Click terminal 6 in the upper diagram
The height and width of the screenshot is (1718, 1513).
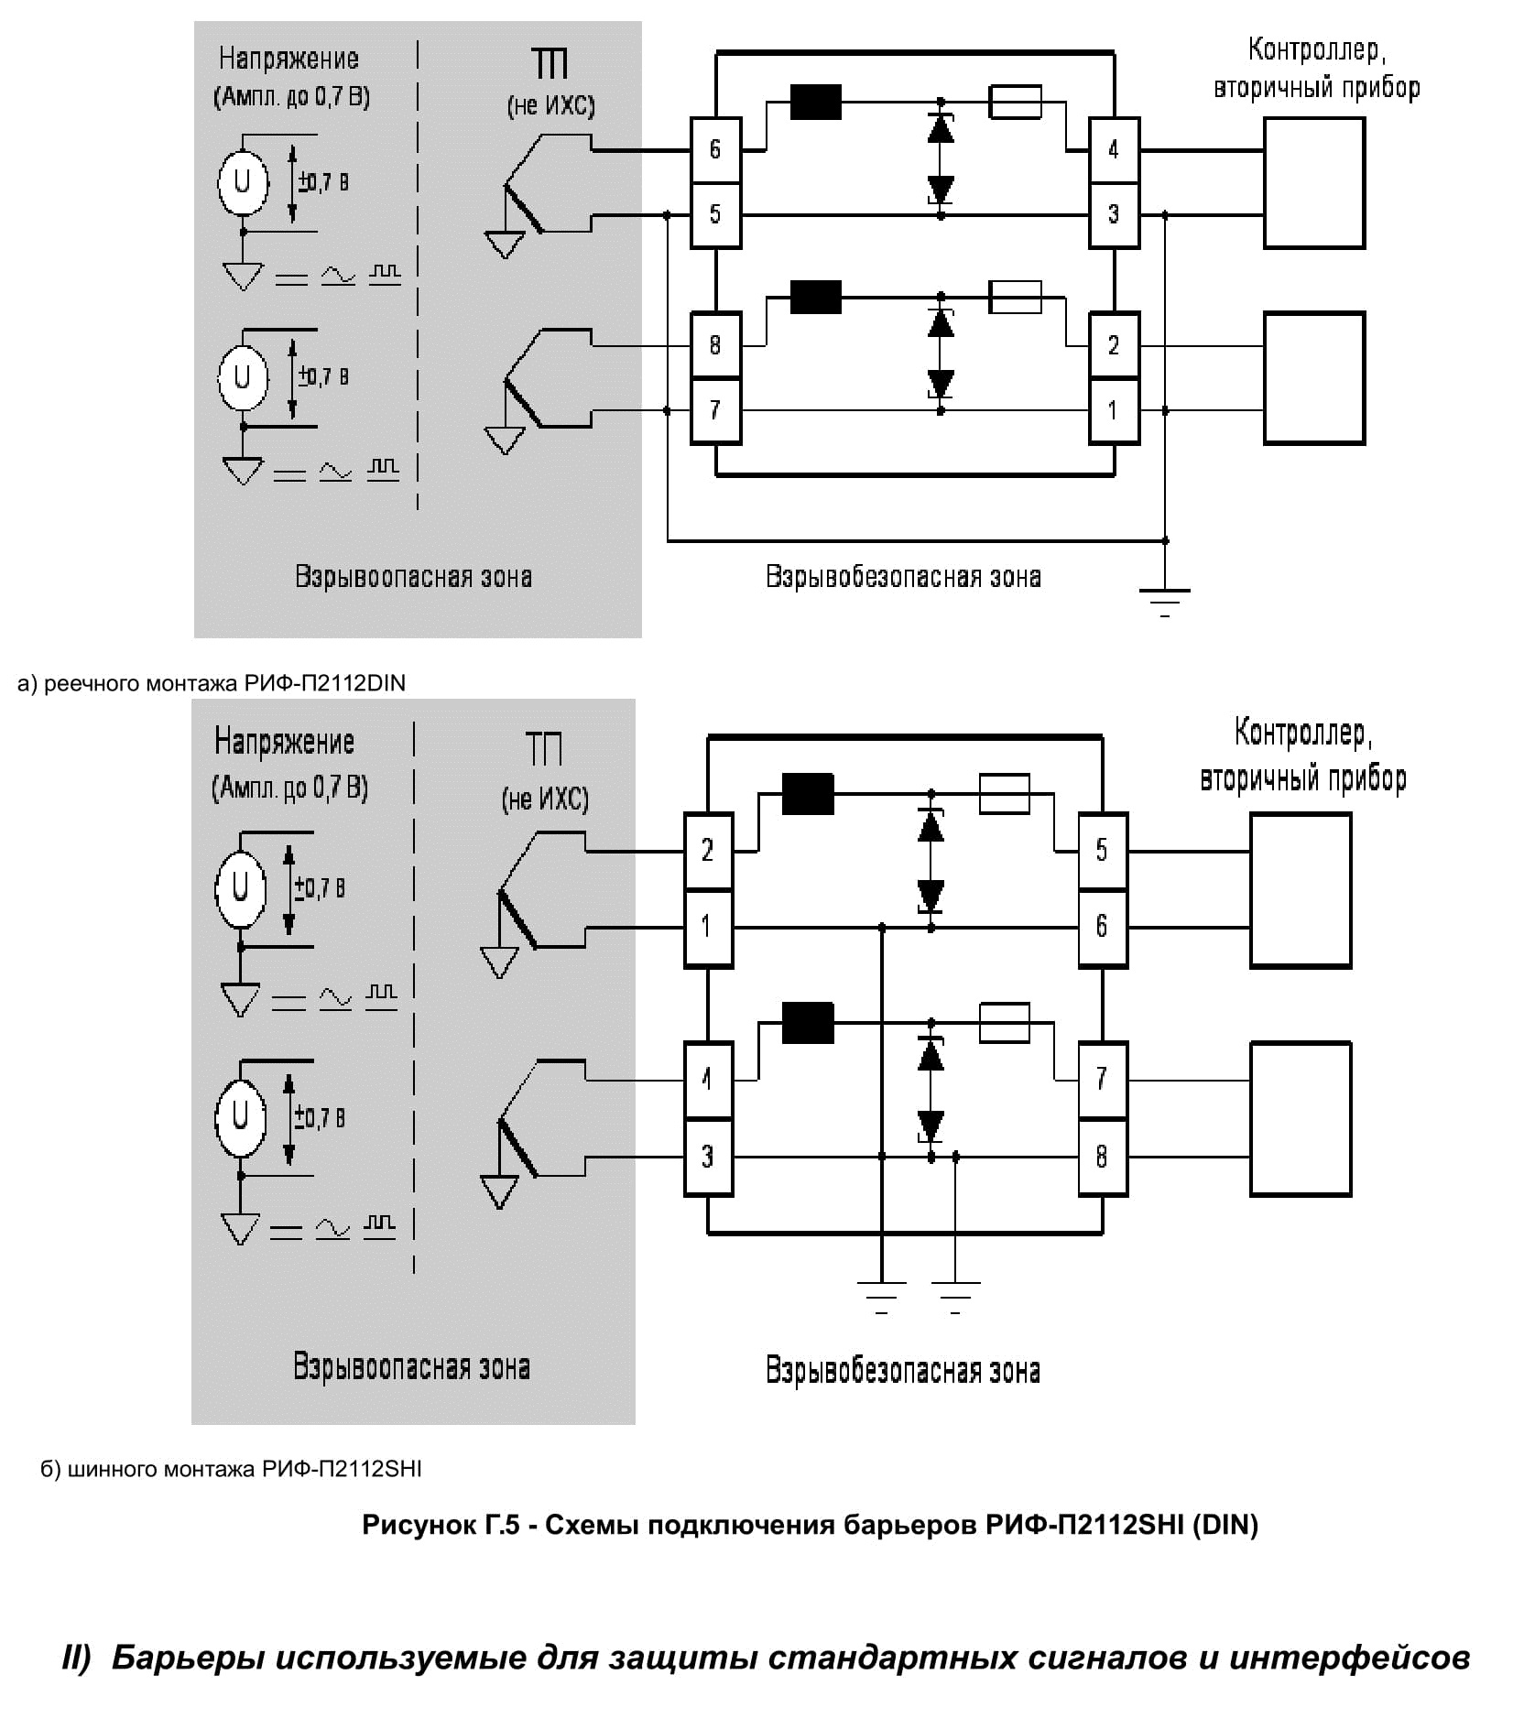coord(714,149)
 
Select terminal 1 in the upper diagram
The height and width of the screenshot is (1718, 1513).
coord(1113,410)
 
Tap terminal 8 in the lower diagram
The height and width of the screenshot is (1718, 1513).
coord(1101,1157)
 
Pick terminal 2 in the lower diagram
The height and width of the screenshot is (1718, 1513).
coord(707,851)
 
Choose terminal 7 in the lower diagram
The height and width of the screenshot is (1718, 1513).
coord(1101,1080)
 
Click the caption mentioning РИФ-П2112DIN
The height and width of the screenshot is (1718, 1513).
coord(212,683)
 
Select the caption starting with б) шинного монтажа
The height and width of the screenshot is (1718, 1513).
coord(231,1469)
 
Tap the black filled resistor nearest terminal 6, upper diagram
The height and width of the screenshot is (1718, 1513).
coord(815,102)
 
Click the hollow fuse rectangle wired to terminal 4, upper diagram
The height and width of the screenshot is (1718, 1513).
coord(1015,102)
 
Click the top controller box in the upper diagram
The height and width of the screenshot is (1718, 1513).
coord(1314,183)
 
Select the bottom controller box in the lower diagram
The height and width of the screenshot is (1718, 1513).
coord(1301,1118)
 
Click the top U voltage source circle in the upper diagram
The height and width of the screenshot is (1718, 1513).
coord(243,182)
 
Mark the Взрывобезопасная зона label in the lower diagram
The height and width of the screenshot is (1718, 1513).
coord(903,1370)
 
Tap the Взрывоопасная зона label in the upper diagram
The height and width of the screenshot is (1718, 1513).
coord(413,577)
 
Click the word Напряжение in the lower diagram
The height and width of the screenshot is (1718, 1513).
coord(284,742)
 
